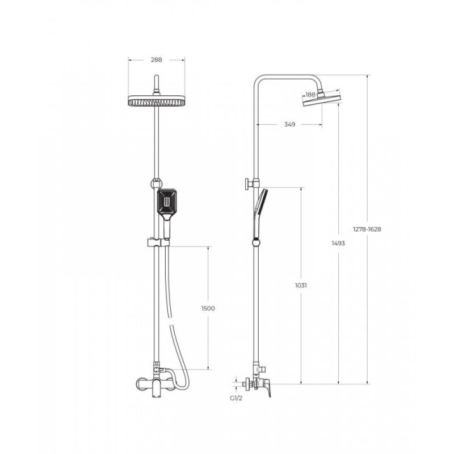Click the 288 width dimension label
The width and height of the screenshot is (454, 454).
click(x=157, y=60)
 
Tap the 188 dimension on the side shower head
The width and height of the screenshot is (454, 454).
click(x=310, y=94)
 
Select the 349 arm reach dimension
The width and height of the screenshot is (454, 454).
click(x=289, y=124)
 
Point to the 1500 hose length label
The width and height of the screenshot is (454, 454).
click(x=208, y=308)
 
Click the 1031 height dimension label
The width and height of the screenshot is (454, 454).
click(x=301, y=285)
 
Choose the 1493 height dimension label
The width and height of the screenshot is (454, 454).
click(x=338, y=243)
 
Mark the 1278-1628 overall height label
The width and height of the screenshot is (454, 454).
click(x=367, y=229)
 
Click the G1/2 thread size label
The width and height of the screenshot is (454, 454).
click(x=236, y=398)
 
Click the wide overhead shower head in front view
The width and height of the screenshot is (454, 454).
click(x=157, y=100)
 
